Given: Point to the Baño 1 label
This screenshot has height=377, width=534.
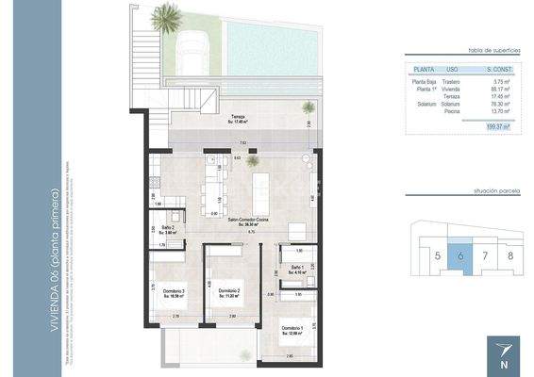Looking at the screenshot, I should pyautogui.click(x=296, y=269).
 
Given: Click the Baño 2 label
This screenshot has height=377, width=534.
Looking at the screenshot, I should pyautogui.click(x=167, y=228).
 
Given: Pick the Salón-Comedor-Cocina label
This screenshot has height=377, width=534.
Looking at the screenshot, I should pyautogui.click(x=247, y=220).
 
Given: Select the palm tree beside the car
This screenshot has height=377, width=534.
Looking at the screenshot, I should pyautogui.click(x=167, y=16).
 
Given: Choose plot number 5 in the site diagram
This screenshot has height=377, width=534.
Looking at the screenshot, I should pyautogui.click(x=438, y=255).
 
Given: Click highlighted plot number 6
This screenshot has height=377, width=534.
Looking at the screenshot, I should pyautogui.click(x=459, y=255).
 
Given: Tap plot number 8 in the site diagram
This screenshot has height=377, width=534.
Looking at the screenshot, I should pyautogui.click(x=510, y=255).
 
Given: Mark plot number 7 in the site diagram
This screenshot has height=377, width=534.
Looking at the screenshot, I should pyautogui.click(x=485, y=255).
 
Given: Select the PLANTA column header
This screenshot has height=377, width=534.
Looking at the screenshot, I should pyautogui.click(x=424, y=70).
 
